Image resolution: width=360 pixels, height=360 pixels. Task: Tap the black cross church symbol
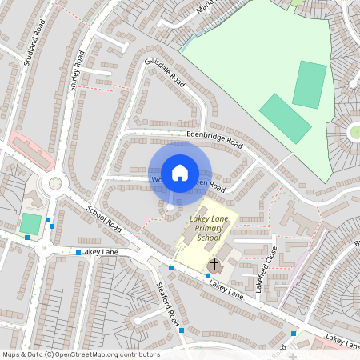(214, 264)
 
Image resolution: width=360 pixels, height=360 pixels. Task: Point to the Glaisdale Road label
(165, 73)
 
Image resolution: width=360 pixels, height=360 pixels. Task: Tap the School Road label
(104, 218)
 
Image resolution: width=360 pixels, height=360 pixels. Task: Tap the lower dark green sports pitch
(285, 118)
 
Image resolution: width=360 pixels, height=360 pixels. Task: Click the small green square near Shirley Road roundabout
(30, 223)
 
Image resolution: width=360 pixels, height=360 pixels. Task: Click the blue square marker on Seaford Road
(182, 330)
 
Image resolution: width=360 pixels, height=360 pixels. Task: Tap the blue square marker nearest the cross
(208, 276)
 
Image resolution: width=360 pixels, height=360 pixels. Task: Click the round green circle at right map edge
(354, 131)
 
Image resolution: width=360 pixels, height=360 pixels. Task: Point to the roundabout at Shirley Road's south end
(55, 183)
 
